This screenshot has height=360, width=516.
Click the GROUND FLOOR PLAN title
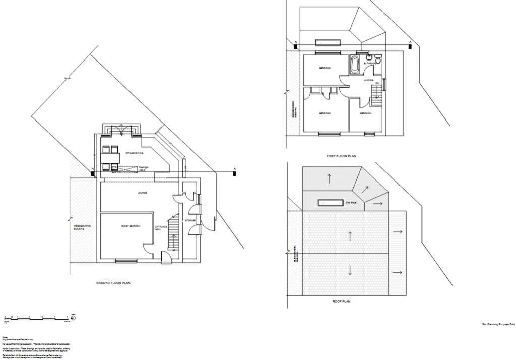pyautogui.click(x=113, y=283)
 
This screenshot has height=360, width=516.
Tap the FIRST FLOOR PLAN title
pyautogui.click(x=341, y=156)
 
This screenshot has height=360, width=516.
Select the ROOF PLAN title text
pyautogui.click(x=341, y=301)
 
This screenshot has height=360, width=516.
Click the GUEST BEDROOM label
pyautogui.click(x=130, y=226)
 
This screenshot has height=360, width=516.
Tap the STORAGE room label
pyautogui.click(x=190, y=221)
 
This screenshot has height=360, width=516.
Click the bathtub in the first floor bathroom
pyautogui.click(x=354, y=65)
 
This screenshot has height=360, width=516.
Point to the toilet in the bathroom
pyautogui.click(x=369, y=59)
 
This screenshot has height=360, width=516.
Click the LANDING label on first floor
pyautogui.click(x=368, y=80)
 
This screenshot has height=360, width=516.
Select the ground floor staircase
pyautogui.click(x=174, y=232)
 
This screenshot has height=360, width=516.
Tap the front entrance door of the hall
pyautogui.click(x=165, y=258)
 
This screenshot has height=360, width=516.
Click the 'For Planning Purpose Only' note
pyautogui.click(x=498, y=324)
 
